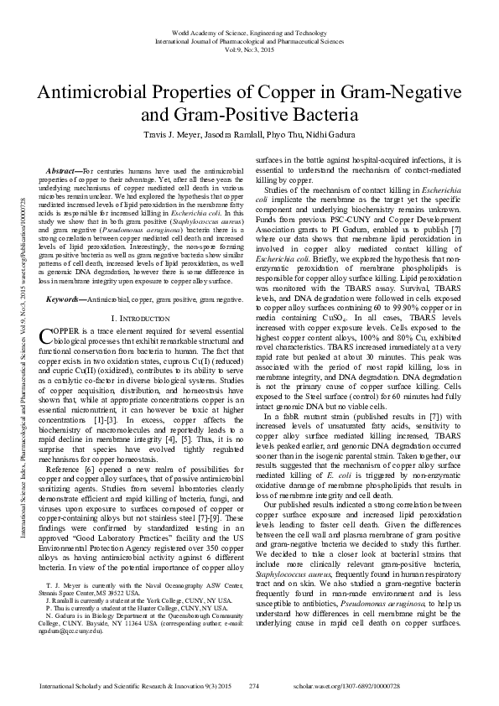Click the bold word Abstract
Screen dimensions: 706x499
pos(66,171)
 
